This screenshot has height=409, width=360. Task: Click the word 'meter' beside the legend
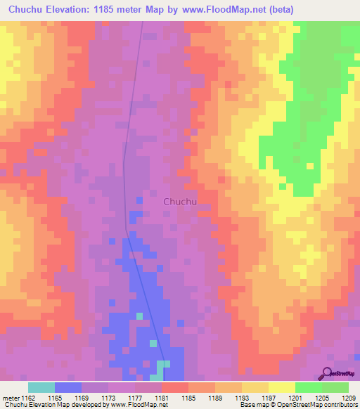pyautogui.click(x=11, y=398)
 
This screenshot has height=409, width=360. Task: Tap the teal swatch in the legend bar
pyautogui.click(x=41, y=387)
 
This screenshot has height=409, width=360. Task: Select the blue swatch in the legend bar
pyautogui.click(x=68, y=387)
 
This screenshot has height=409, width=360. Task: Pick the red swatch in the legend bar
pyautogui.click(x=175, y=387)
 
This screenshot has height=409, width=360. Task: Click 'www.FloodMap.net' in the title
pyautogui.click(x=210, y=9)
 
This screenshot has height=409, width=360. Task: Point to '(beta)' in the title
pyautogui.click(x=276, y=9)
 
